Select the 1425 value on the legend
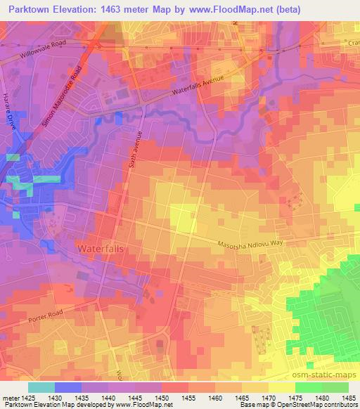(x=28, y=398)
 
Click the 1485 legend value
(x=348, y=398)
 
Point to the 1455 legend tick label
(x=188, y=398)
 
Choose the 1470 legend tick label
(x=269, y=398)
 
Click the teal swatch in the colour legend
(x=41, y=387)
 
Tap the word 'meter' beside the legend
(x=9, y=398)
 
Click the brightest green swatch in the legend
(x=308, y=387)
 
